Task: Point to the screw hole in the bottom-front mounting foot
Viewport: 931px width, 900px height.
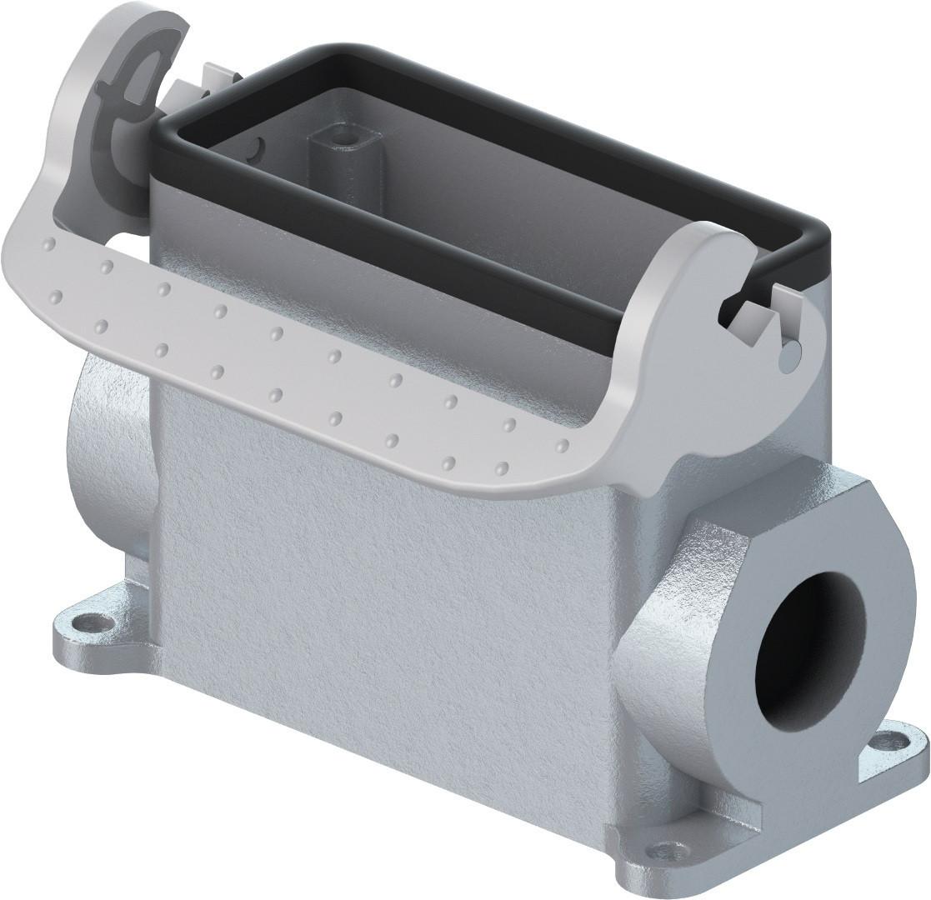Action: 663,850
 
